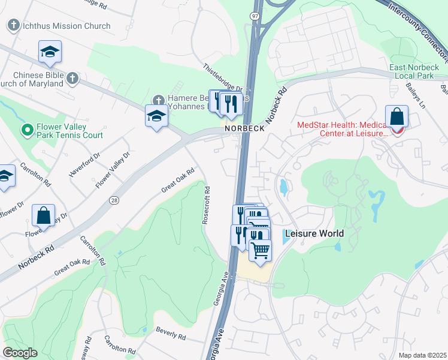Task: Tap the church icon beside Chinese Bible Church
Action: (72, 78)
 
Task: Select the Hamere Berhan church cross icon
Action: (158, 99)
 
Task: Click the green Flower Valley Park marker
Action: (27, 129)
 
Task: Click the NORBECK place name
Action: (244, 128)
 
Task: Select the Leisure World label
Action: (314, 233)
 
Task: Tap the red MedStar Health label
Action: (343, 128)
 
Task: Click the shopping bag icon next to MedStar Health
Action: (396, 116)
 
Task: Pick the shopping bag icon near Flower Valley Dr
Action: (44, 215)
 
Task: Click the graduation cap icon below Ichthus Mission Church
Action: (50, 52)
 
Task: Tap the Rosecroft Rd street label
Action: (205, 206)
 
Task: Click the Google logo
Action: (20, 353)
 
